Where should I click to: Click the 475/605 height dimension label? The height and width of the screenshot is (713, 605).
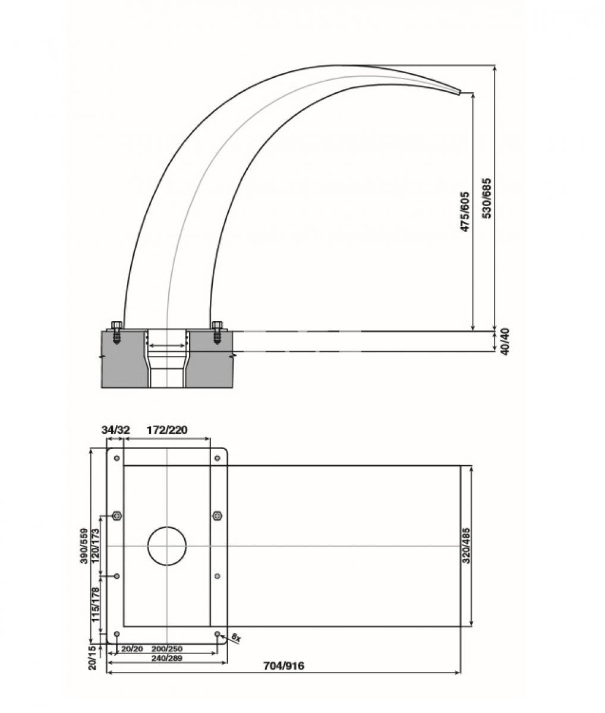click(x=465, y=211)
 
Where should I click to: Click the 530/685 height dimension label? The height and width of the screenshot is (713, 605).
click(x=487, y=198)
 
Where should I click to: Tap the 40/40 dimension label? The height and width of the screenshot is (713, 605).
click(x=505, y=342)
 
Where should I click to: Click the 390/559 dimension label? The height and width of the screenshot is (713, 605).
click(x=84, y=545)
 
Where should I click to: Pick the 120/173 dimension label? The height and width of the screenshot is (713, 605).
click(x=95, y=545)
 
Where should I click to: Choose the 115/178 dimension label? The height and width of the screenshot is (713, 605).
click(x=95, y=604)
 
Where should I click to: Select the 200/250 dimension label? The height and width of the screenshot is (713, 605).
click(x=167, y=649)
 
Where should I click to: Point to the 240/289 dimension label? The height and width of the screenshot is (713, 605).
click(x=166, y=658)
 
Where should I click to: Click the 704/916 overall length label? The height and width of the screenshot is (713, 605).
click(x=283, y=666)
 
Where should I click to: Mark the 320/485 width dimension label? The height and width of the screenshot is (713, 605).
click(x=467, y=545)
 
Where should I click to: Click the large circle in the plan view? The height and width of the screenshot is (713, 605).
click(x=167, y=545)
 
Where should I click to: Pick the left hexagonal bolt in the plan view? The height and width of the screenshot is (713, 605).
click(x=117, y=515)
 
